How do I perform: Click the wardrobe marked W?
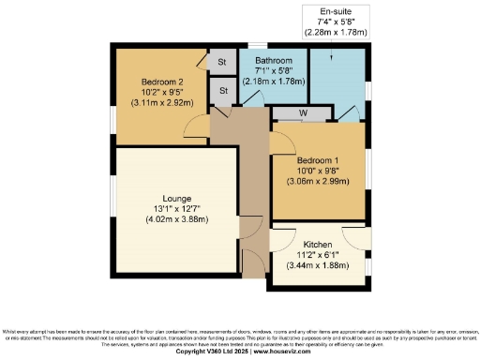(303, 114)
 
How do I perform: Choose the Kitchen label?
(318, 244)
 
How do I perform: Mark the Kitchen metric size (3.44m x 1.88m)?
(318, 265)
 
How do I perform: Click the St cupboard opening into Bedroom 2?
(222, 62)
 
